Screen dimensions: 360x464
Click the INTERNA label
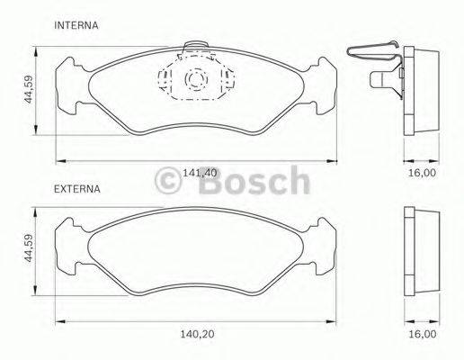pos(76,26)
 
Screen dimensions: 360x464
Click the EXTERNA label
pos(78,190)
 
